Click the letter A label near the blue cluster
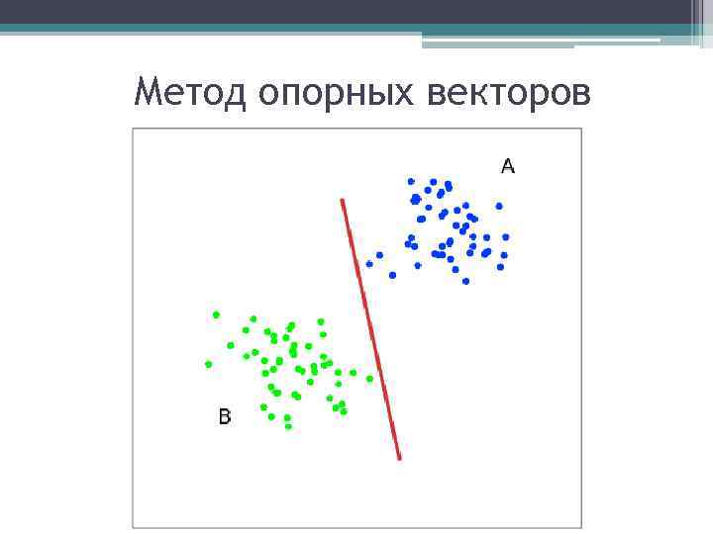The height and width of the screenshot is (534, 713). point(508,166)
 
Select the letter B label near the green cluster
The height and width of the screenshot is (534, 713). point(225,417)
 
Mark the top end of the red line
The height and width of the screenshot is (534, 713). point(343,201)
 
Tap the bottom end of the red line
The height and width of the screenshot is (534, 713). point(399,458)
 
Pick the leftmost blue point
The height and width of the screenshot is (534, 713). point(369,263)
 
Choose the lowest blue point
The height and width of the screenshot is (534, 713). point(465,281)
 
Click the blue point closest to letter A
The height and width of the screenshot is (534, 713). point(499,206)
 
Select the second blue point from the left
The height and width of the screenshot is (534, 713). point(379,255)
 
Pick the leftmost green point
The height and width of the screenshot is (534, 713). point(208,364)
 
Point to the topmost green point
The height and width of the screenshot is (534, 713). point(215,314)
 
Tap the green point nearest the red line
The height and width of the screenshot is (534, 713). point(370,378)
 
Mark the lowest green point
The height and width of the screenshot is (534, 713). point(288,426)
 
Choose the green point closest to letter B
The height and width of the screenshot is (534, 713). point(263,406)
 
